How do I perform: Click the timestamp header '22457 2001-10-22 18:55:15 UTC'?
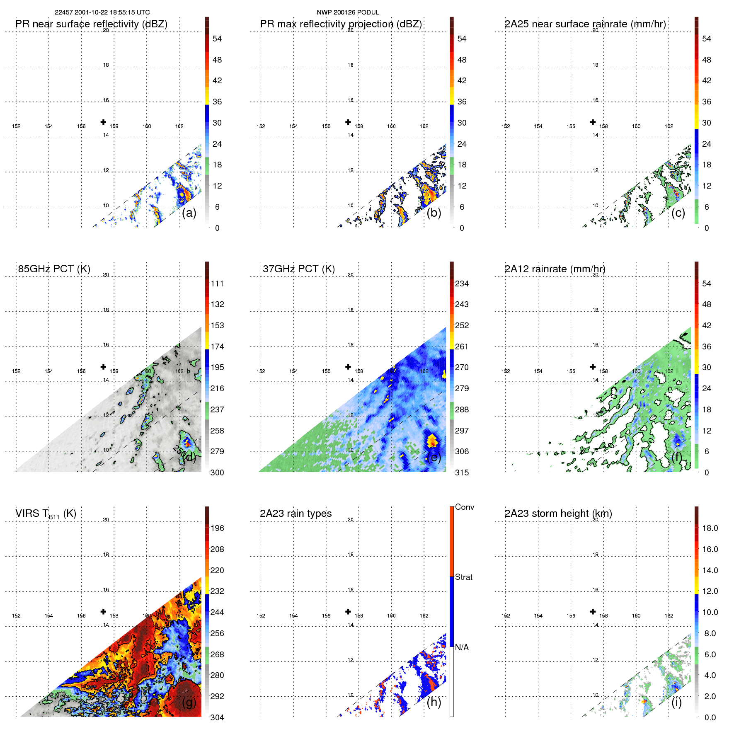[102, 12]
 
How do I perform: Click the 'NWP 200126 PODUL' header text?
[348, 12]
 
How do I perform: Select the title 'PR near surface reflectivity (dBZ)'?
[92, 24]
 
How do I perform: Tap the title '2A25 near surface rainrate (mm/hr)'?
[585, 24]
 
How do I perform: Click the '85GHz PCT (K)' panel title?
[54, 269]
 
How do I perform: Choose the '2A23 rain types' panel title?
[296, 514]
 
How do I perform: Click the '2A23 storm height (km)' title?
[558, 514]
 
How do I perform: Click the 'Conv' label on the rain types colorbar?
[465, 507]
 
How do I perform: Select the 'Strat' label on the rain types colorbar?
[464, 577]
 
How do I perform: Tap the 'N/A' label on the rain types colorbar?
[462, 647]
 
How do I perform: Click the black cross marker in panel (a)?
[103, 122]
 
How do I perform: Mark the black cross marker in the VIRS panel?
[103, 611]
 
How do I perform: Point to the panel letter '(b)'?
[434, 213]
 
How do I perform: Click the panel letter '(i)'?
[676, 703]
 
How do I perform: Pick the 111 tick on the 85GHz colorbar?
[217, 284]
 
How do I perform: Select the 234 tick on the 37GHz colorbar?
[462, 284]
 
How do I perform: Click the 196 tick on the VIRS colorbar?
[217, 528]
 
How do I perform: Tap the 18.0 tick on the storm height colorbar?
[710, 528]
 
